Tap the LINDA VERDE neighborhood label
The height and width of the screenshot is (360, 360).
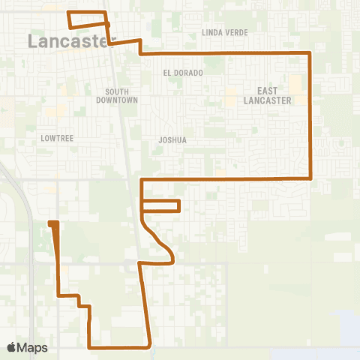tap(223, 33)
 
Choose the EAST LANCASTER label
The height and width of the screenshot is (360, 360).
tap(262, 96)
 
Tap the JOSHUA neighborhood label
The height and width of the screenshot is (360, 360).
tap(172, 139)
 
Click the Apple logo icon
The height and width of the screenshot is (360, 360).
tap(12, 347)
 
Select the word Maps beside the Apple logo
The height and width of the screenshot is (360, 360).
tap(34, 347)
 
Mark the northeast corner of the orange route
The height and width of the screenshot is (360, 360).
tap(310, 53)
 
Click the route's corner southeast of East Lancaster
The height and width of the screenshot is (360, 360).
tap(310, 178)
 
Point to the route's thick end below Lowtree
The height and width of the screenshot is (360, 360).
tap(53, 223)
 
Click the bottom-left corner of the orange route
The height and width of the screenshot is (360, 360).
tap(90, 347)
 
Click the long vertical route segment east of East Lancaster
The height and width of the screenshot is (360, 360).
tap(310, 116)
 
